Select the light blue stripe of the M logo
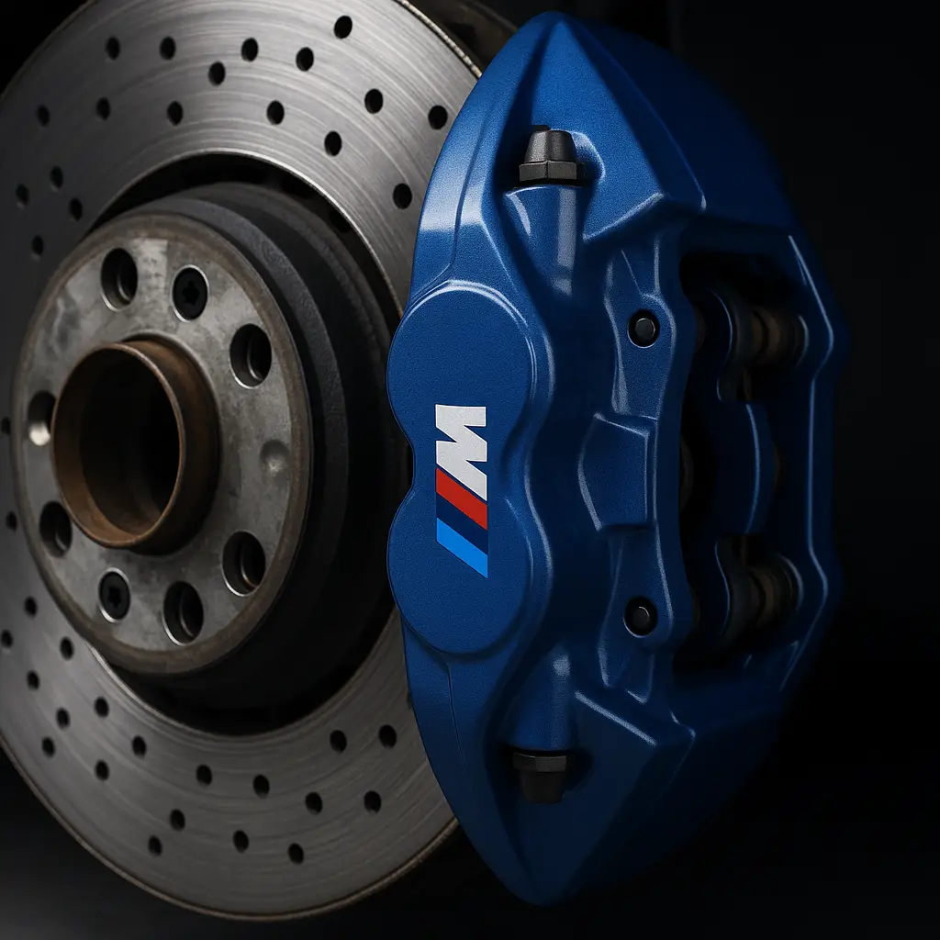[462, 548]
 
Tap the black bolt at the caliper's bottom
[542, 773]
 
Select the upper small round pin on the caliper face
[643, 328]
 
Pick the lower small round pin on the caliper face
[640, 616]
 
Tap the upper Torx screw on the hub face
[190, 293]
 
